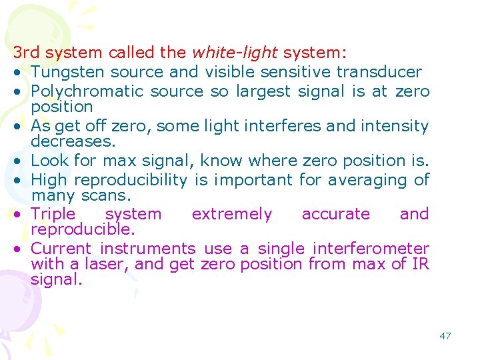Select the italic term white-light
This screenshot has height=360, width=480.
click(x=235, y=53)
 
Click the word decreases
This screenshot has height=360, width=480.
click(x=73, y=141)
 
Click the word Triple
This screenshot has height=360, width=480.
click(x=53, y=214)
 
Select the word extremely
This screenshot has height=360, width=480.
click(x=231, y=214)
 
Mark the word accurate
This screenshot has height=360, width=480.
click(x=335, y=214)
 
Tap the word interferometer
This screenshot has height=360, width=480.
click(x=371, y=249)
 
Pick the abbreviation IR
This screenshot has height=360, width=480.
click(x=420, y=264)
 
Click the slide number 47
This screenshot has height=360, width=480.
click(x=445, y=336)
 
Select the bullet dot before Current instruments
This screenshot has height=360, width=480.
click(x=21, y=249)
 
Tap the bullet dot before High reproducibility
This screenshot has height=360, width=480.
click(x=21, y=181)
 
